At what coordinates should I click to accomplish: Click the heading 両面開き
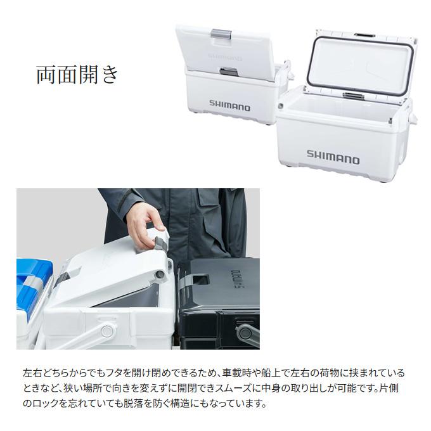point(77,75)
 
